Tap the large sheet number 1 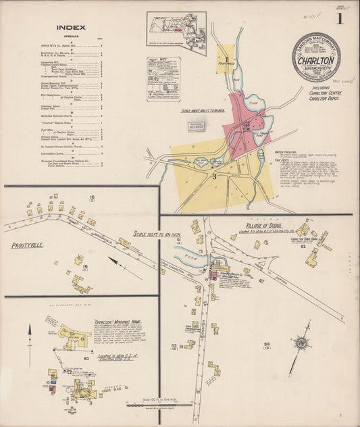(340, 18)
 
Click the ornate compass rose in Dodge (301, 343)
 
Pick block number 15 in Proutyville (85, 267)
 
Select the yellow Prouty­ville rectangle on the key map (226, 59)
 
